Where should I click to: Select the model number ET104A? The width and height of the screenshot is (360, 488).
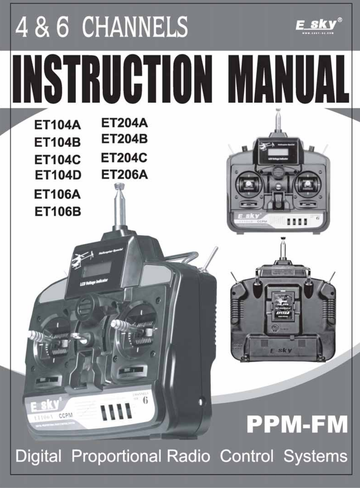coord(57,125)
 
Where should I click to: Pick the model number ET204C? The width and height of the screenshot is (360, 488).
coord(124,158)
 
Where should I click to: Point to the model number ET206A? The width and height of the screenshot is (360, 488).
coord(124,175)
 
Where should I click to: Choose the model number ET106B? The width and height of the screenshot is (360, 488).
coord(58,211)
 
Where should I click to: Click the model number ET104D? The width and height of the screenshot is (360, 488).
coord(58,175)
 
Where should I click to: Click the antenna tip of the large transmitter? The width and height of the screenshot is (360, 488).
coord(119,186)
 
